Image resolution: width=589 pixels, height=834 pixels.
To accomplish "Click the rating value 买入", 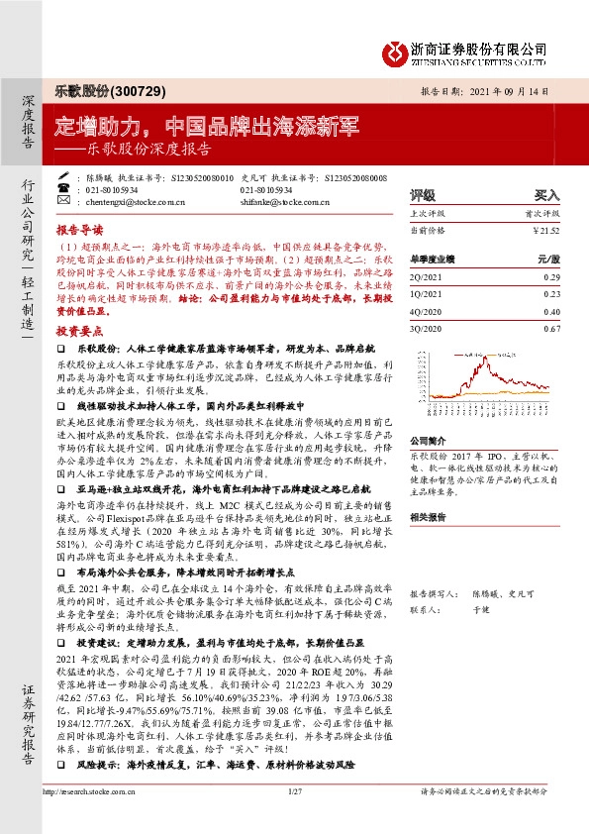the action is point(546,195).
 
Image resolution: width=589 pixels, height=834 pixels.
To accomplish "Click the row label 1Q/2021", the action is point(426,293).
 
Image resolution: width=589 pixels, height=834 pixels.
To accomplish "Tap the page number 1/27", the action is point(294,818).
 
